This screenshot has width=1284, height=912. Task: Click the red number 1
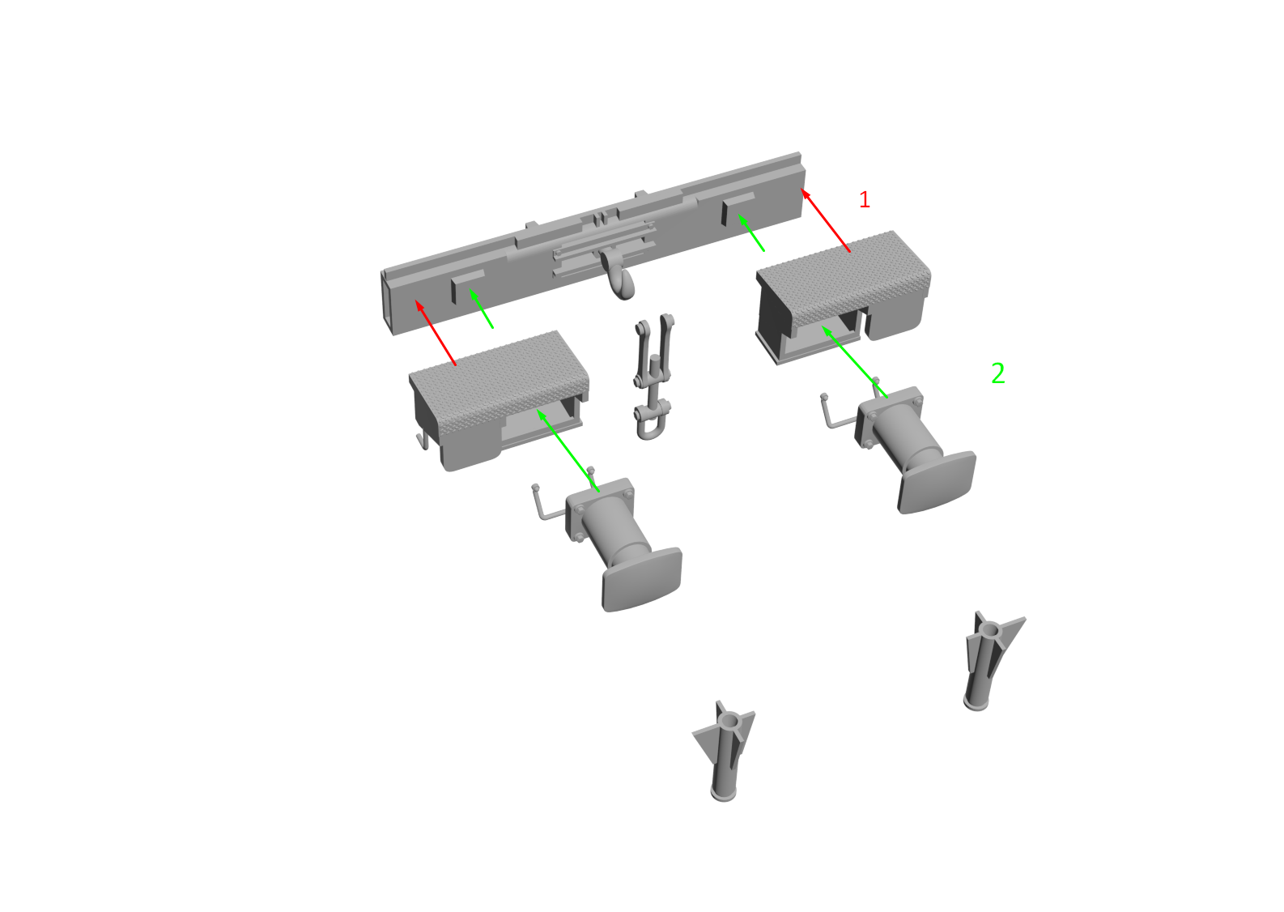point(865,199)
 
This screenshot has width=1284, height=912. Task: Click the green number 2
point(998,373)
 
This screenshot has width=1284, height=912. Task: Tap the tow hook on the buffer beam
point(618,275)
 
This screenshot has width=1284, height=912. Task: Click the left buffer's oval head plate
point(642,579)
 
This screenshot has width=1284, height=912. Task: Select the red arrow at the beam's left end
point(436,332)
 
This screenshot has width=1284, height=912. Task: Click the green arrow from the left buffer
point(568,450)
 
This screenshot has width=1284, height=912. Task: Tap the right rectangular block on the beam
point(738,207)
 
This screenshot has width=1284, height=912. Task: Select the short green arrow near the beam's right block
point(751,233)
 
